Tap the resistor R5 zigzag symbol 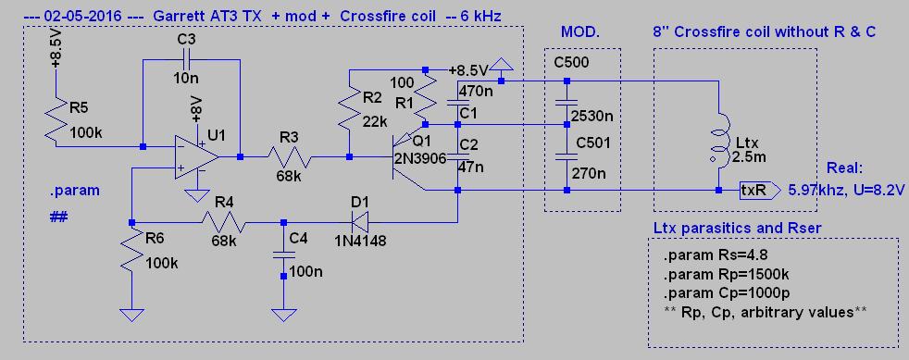(56, 122)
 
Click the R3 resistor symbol (290, 156)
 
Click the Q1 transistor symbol (405, 156)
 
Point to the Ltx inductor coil (718, 147)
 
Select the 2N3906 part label (421, 157)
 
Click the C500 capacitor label (572, 62)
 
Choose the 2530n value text (591, 116)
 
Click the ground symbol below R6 (131, 315)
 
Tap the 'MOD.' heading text (579, 31)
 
